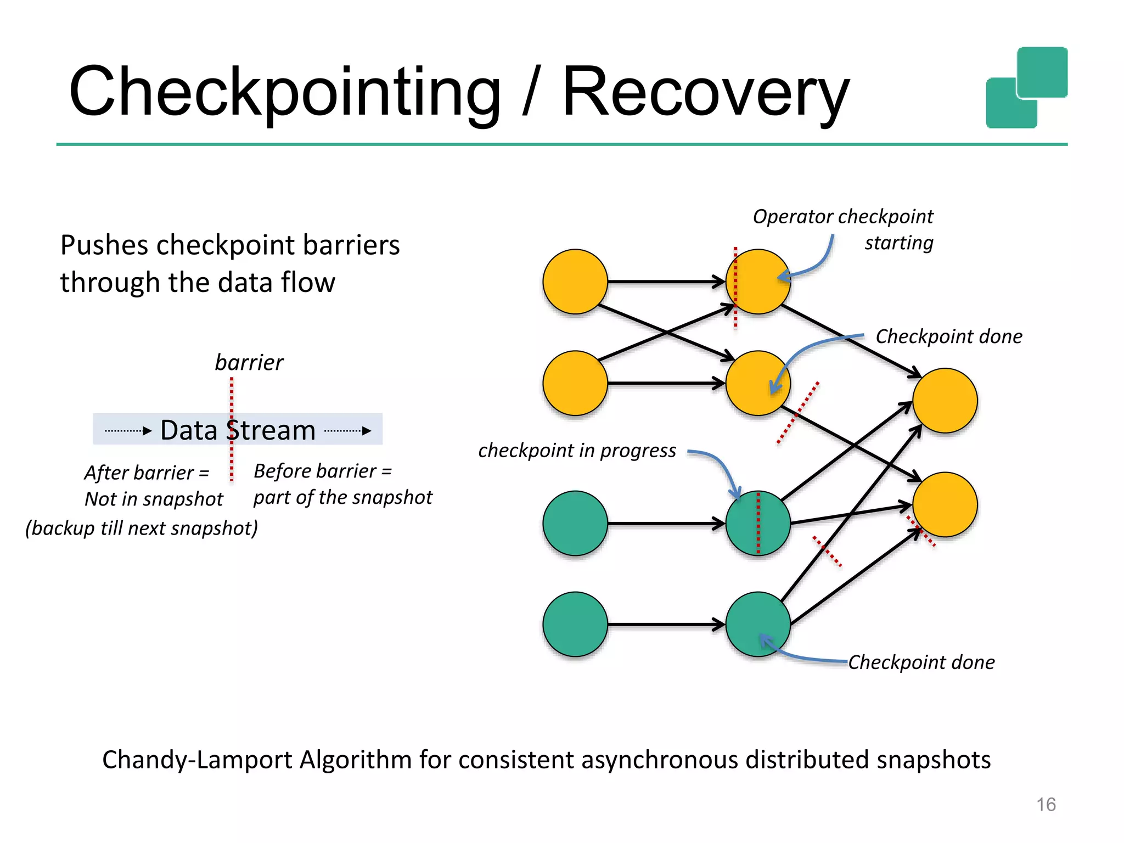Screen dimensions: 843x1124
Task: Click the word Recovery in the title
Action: (706, 92)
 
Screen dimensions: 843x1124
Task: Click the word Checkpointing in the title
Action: (284, 92)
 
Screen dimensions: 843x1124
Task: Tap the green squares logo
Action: (1026, 88)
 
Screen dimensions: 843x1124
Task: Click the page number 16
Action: (1046, 805)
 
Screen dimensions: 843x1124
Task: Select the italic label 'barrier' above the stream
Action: (249, 363)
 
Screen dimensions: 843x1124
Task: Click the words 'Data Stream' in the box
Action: (238, 430)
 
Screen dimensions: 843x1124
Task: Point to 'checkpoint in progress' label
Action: (577, 451)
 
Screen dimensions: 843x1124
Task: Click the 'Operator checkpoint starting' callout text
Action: (843, 228)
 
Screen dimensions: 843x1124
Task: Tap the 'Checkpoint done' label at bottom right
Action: (921, 662)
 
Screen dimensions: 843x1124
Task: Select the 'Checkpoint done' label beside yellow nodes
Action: (949, 336)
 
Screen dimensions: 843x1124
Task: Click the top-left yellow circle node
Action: (575, 282)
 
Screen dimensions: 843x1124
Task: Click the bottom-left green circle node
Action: (575, 624)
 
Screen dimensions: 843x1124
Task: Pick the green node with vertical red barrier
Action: (758, 523)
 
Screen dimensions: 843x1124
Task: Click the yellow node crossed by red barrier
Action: (758, 282)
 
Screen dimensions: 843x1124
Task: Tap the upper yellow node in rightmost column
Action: (945, 400)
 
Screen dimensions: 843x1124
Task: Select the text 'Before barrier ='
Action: (323, 471)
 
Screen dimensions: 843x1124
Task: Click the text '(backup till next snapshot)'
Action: (142, 528)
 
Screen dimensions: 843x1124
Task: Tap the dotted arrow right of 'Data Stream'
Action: (348, 431)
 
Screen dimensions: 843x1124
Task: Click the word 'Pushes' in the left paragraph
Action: (104, 245)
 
